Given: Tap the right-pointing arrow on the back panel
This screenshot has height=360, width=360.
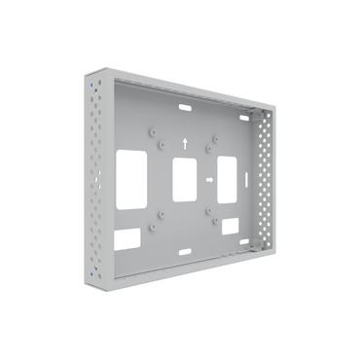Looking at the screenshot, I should pyautogui.click(x=208, y=180).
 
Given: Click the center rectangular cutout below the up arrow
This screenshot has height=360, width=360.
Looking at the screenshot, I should pyautogui.click(x=184, y=179).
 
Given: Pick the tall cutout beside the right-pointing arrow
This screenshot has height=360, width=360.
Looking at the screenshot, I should pyautogui.click(x=227, y=179).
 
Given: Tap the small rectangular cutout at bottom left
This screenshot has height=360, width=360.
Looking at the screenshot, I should pyautogui.click(x=126, y=238).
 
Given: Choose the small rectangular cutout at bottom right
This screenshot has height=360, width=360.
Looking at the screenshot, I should pyautogui.click(x=230, y=226).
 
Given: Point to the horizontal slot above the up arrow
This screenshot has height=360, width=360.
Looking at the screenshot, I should pyautogui.click(x=183, y=103).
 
